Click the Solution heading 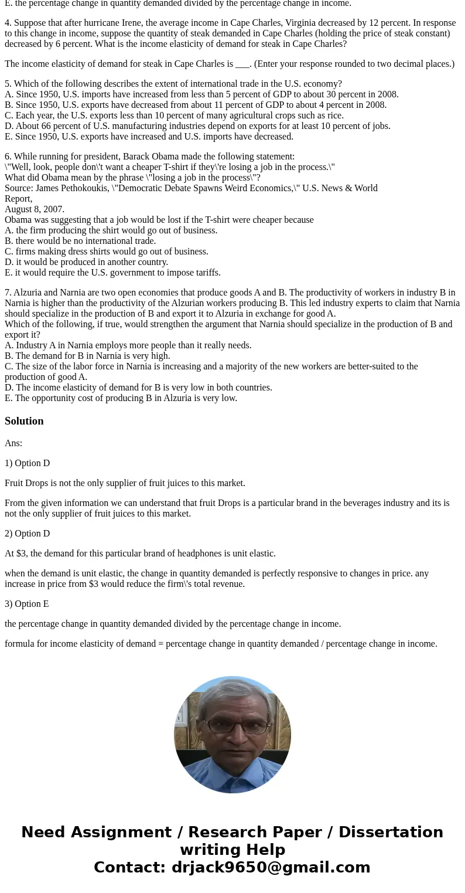pos(24,421)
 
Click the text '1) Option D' pos(27,463)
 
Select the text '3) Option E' pos(27,604)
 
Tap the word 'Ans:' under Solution pos(13,443)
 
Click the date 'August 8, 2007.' pos(35,209)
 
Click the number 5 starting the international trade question pos(8,84)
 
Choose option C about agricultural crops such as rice pos(174,116)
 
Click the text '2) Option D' pos(27,534)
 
